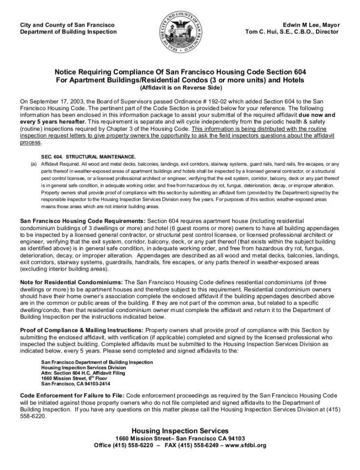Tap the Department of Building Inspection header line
[x=68, y=32]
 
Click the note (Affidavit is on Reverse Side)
[x=180, y=88]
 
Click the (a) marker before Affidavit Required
[x=34, y=164]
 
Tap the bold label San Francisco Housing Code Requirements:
[x=82, y=221]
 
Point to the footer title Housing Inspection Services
[x=180, y=431]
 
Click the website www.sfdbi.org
[x=246, y=445]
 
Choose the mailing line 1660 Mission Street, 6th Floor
[x=73, y=378]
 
